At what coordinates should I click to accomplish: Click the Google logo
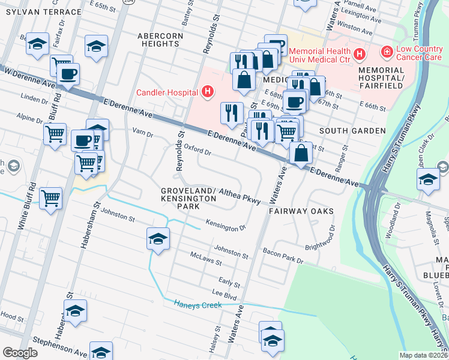click(x=20, y=353)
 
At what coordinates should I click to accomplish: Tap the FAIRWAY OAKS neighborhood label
click(x=301, y=212)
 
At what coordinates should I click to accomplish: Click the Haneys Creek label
click(x=197, y=305)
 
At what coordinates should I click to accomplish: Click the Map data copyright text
click(x=424, y=355)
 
